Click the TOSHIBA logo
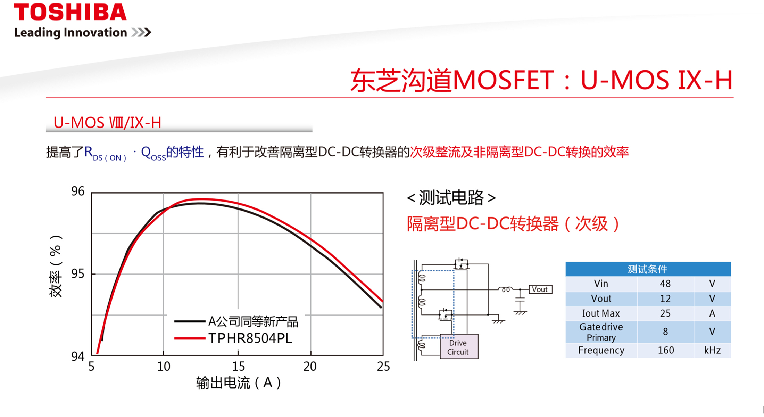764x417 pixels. click(70, 12)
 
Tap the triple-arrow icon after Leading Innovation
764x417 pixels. click(141, 32)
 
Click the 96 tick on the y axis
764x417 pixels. click(78, 191)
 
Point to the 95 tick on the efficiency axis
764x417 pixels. click(78, 274)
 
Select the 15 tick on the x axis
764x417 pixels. click(238, 366)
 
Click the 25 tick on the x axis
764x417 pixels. click(383, 366)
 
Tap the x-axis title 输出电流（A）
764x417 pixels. click(239, 383)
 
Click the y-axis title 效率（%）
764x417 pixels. click(56, 266)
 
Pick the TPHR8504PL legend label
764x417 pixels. click(250, 338)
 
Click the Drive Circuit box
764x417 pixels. click(459, 347)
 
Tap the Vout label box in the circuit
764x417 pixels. click(540, 289)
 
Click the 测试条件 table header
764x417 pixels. click(648, 269)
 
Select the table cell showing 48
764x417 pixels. click(665, 284)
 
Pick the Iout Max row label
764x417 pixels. click(601, 313)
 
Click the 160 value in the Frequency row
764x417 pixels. click(666, 350)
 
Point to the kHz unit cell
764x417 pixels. click(712, 350)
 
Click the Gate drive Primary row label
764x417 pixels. click(601, 332)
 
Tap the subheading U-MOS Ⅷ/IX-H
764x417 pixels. click(107, 123)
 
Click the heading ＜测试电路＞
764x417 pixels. click(451, 198)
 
